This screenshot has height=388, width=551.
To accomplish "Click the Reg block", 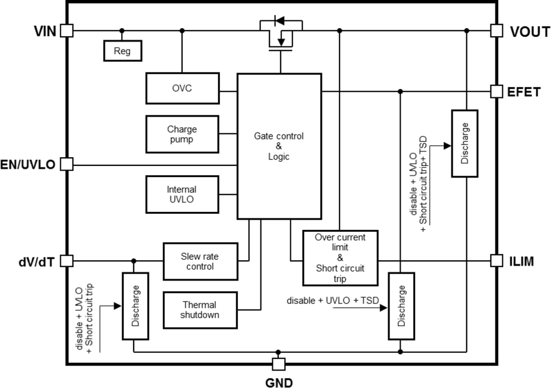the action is pyautogui.click(x=122, y=51).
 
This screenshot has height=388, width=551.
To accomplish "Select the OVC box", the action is pyautogui.click(x=182, y=88).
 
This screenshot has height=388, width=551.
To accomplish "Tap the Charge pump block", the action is pyautogui.click(x=182, y=134).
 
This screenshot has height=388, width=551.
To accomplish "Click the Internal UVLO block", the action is pyautogui.click(x=182, y=195).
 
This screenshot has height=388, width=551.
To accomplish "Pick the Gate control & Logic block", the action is pyautogui.click(x=279, y=146).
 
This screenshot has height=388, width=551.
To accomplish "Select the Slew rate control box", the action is pyautogui.click(x=200, y=261).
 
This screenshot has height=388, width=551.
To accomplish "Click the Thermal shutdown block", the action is pyautogui.click(x=200, y=310).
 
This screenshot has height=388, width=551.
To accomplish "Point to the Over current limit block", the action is pyautogui.click(x=340, y=258).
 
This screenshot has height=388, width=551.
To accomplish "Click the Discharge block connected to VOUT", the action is pyautogui.click(x=464, y=143).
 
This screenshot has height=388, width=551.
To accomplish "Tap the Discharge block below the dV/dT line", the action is pyautogui.click(x=135, y=306).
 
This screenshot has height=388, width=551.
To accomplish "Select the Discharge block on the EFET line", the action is pyautogui.click(x=401, y=306).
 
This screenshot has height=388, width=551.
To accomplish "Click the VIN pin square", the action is pyautogui.click(x=67, y=31).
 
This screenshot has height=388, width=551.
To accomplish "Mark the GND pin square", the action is pyautogui.click(x=278, y=364).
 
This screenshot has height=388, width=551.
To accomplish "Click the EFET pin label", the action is pyautogui.click(x=523, y=92).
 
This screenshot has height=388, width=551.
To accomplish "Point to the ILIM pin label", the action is pyautogui.click(x=521, y=262).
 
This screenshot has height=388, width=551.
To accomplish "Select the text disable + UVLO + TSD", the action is pyautogui.click(x=333, y=301).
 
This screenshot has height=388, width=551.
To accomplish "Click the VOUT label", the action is pyautogui.click(x=530, y=32).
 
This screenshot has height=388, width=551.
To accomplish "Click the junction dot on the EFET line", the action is pyautogui.click(x=400, y=91).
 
